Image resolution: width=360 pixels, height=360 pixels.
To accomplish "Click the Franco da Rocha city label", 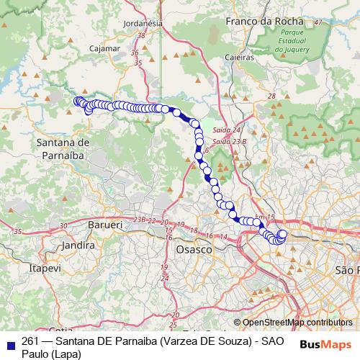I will coord(262,22).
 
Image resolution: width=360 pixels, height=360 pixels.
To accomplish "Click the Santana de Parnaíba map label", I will coord(62,149).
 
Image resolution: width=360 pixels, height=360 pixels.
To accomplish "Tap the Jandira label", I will coord(79,246).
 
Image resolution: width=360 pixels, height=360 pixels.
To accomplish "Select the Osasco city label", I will coord(194,248).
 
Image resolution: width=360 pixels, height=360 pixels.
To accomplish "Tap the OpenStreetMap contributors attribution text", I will coord(297,323).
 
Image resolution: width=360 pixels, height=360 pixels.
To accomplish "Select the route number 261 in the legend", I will coord(30,341).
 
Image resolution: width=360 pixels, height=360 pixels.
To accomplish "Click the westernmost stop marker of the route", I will coord(76,101).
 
